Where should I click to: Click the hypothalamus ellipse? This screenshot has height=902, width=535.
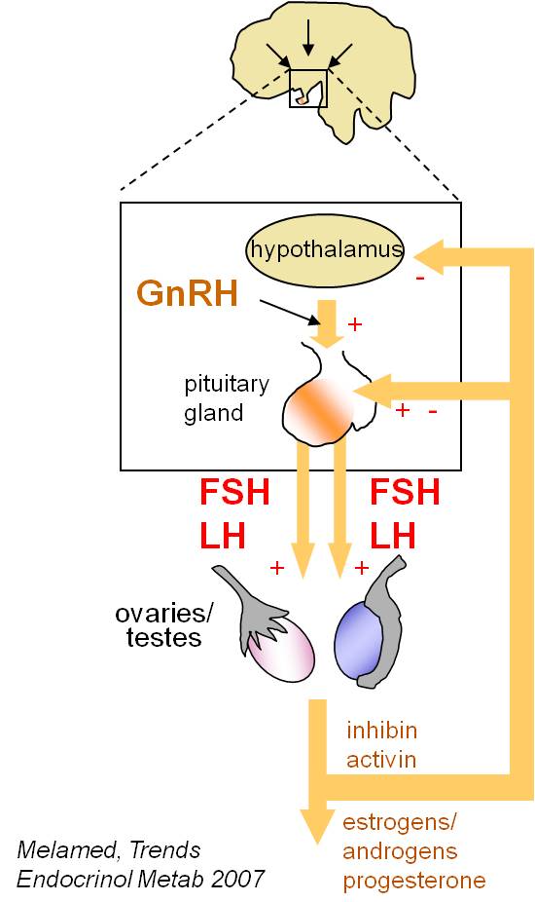coord(325,250)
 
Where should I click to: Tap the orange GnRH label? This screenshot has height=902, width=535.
coord(188,293)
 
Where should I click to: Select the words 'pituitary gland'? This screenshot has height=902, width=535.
coord(226,398)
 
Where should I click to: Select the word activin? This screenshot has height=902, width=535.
coord(381,760)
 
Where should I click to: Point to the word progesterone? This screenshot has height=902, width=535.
coord(413,881)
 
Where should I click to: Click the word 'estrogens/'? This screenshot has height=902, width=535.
coord(400,822)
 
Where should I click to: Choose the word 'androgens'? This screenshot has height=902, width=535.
coord(400,850)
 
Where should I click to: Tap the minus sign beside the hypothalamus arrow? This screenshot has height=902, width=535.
coord(420,279)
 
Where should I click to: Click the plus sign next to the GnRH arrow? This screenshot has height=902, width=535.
coord(355,323)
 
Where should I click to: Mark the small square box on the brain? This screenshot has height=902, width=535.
coord(308,89)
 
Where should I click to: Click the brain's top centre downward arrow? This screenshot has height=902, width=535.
coord(308,37)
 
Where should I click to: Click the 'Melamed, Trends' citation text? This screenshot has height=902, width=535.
coord(109,849)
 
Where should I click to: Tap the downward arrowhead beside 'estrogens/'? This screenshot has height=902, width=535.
coord(317,826)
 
